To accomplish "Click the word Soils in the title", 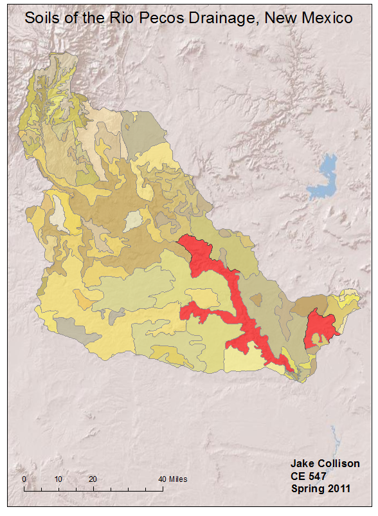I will pyautogui.click(x=44, y=18).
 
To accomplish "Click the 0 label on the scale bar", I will pyautogui.click(x=24, y=479).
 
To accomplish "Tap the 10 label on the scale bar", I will pyautogui.click(x=59, y=479).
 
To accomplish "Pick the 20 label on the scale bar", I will pyautogui.click(x=93, y=479).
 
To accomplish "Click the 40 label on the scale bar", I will pyautogui.click(x=162, y=479).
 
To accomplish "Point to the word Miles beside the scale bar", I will pyautogui.click(x=179, y=479).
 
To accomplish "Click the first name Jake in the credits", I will pyautogui.click(x=302, y=463).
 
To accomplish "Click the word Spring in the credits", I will pyautogui.click(x=307, y=489).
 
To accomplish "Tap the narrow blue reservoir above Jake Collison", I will pyautogui.click(x=333, y=438).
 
